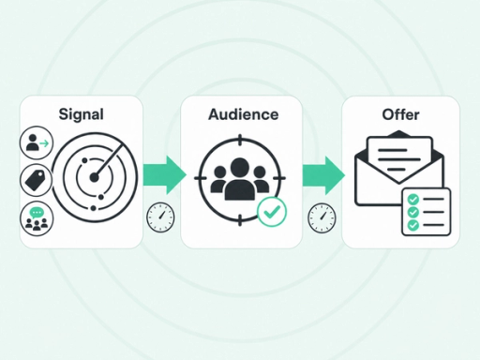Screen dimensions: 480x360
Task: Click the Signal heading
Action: tap(82, 114)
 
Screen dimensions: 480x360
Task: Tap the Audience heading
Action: tap(244, 114)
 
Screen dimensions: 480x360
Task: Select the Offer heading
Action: tap(400, 114)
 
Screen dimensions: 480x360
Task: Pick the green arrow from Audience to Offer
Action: tap(323, 175)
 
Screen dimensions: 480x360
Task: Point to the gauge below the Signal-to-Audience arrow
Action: tap(160, 217)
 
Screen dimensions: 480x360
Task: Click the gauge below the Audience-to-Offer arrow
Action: tap(322, 218)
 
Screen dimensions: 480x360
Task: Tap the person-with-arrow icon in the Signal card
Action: tap(37, 142)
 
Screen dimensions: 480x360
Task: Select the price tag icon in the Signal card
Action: tap(37, 180)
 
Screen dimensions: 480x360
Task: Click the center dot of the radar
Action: tap(94, 177)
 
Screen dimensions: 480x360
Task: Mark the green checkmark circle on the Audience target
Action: tap(272, 212)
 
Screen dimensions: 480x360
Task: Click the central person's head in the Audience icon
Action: tap(240, 167)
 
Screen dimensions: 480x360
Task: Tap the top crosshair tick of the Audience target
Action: tap(240, 141)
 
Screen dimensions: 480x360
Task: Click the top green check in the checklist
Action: tap(413, 199)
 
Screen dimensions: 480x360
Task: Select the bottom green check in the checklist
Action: tap(413, 225)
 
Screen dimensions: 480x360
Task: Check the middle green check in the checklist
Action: tap(413, 212)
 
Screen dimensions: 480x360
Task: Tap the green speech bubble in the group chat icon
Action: tap(37, 213)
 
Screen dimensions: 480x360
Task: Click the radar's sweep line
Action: tap(108, 161)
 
